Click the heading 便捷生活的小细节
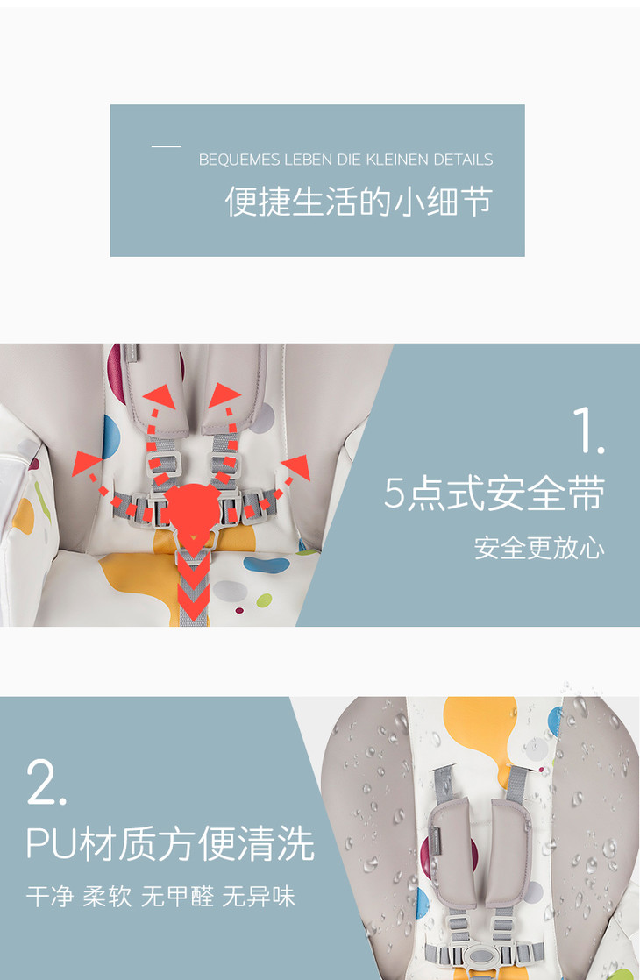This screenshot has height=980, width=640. pyautogui.click(x=359, y=202)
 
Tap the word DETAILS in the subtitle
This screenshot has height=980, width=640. pyautogui.click(x=463, y=160)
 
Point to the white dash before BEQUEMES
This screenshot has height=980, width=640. pyautogui.click(x=167, y=146)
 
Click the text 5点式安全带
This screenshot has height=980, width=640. pyautogui.click(x=494, y=494)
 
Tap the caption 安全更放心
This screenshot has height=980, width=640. pyautogui.click(x=539, y=548)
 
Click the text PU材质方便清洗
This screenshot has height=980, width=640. pyautogui.click(x=170, y=844)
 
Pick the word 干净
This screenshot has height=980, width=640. pyautogui.click(x=50, y=896)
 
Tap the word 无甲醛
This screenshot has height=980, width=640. pyautogui.click(x=177, y=896)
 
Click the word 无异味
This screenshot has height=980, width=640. pyautogui.click(x=259, y=896)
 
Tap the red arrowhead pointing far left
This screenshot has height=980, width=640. pyautogui.click(x=86, y=463)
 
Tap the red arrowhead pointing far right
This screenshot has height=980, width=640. pyautogui.click(x=296, y=467)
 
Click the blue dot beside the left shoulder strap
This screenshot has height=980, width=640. pyautogui.click(x=111, y=437)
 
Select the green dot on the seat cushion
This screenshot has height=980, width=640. pyautogui.click(x=265, y=600)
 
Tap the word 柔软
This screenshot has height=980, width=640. pyautogui.click(x=107, y=896)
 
